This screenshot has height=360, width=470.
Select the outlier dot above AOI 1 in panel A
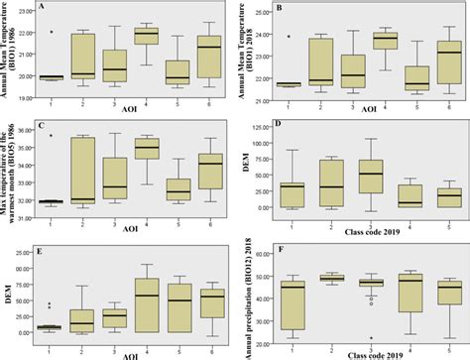coord(52,32)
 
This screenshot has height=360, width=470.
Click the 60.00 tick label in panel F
coord(263,250)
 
